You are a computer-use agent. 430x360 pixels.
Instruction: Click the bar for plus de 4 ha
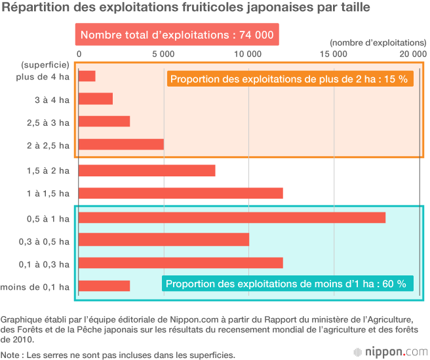point(87,76)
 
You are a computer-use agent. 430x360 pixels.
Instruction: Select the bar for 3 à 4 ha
point(95,99)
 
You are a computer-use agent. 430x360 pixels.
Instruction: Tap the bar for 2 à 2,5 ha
point(121,144)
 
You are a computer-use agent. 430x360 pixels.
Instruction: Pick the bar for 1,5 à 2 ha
point(146,170)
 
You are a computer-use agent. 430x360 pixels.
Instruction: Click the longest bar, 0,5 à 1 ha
point(231,217)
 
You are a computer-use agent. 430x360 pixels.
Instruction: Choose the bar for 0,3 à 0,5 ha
point(163,240)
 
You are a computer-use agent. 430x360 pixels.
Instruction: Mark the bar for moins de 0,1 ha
point(104,285)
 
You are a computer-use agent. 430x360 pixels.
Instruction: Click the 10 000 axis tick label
point(248,53)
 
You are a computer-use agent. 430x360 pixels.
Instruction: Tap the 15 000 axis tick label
point(334,53)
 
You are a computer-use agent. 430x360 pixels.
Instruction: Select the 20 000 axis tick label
point(413,53)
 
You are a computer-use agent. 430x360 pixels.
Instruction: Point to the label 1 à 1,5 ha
point(47,193)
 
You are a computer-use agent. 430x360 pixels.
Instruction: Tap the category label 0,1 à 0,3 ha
point(43,264)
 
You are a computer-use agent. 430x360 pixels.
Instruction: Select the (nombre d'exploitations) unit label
point(378,41)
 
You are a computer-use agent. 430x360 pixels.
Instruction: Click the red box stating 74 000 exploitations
point(177,35)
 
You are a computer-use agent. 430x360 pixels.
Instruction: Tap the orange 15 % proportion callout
point(289,79)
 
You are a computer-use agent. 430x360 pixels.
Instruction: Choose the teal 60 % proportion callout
point(287,284)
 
